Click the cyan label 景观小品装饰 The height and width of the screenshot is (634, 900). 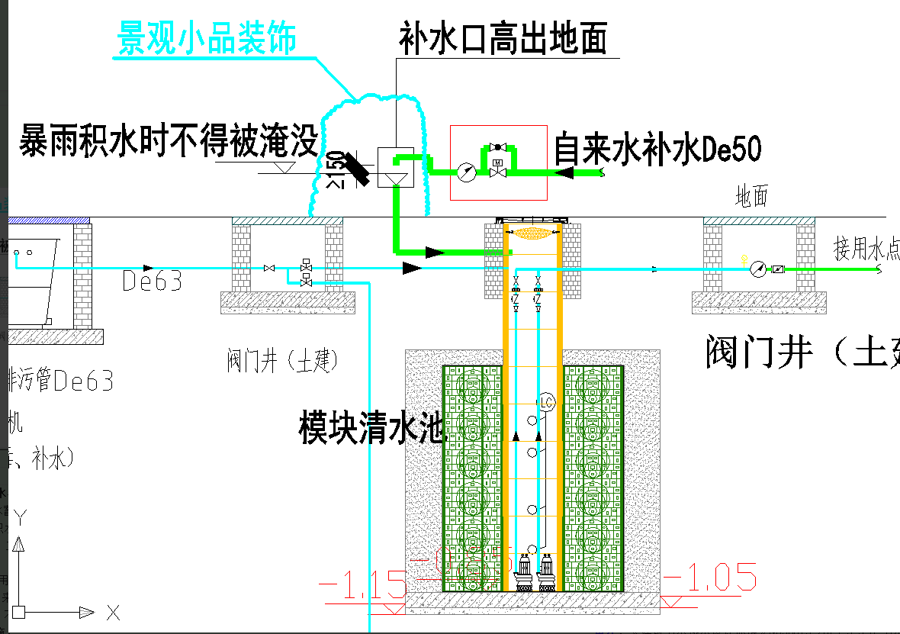click(206, 38)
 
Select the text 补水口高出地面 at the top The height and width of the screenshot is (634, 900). click(503, 39)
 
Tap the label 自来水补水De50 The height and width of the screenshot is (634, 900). click(657, 148)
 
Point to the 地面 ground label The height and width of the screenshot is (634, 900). click(751, 198)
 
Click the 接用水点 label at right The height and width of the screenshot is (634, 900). click(866, 249)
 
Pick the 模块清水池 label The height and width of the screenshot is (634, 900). click(371, 428)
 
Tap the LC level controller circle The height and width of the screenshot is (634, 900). click(546, 401)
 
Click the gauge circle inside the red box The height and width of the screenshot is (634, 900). click(466, 172)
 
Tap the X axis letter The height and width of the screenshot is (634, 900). click(114, 612)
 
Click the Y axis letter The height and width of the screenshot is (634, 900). click(21, 518)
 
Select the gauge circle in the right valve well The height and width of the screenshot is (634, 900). click(757, 269)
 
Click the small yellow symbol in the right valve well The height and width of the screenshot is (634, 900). click(744, 260)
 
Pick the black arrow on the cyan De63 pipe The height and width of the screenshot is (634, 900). click(412, 268)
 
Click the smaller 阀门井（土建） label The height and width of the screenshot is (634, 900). click(281, 360)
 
